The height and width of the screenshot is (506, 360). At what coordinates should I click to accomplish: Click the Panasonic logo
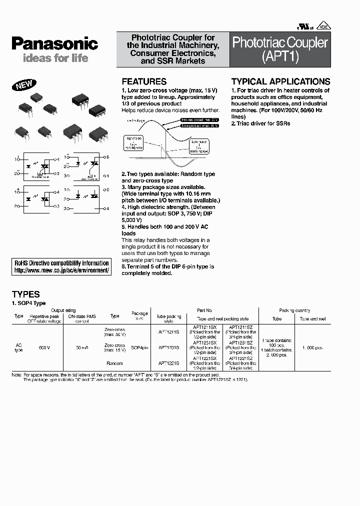tap(54, 43)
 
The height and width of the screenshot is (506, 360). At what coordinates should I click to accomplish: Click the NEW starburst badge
tap(24, 85)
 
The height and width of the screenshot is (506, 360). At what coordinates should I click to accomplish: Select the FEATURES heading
tap(144, 81)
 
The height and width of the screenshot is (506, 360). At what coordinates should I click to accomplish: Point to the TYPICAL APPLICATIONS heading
tap(280, 81)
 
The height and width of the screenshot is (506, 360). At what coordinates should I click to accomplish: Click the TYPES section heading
tap(25, 294)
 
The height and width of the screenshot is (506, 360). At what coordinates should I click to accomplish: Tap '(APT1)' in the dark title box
tap(280, 57)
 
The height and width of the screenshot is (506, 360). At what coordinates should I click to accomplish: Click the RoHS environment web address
tap(61, 270)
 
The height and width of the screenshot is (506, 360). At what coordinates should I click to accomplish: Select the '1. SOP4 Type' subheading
tap(28, 303)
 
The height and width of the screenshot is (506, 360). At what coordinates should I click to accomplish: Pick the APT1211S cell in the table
tap(168, 331)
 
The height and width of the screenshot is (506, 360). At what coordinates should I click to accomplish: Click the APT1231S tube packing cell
tap(168, 347)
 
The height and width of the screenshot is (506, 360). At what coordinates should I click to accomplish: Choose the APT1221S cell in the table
tap(168, 363)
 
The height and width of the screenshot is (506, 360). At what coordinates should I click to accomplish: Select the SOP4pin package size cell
tap(139, 347)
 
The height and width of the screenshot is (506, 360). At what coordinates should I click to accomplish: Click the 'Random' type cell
tap(114, 363)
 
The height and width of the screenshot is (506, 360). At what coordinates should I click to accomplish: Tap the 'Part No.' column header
tap(205, 310)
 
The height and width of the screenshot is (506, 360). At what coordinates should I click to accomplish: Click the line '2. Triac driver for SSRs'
tap(260, 123)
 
